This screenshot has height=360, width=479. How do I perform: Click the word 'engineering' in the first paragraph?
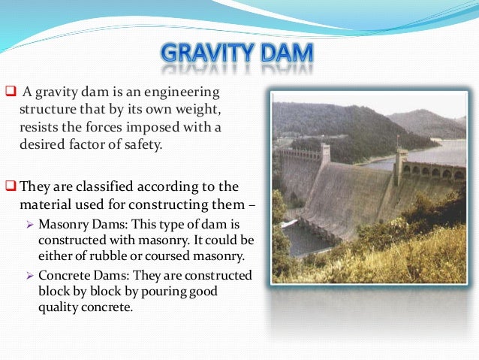(x=185, y=93)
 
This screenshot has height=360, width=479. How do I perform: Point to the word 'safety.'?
(x=142, y=143)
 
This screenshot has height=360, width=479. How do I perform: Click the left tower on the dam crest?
(x=324, y=154)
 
